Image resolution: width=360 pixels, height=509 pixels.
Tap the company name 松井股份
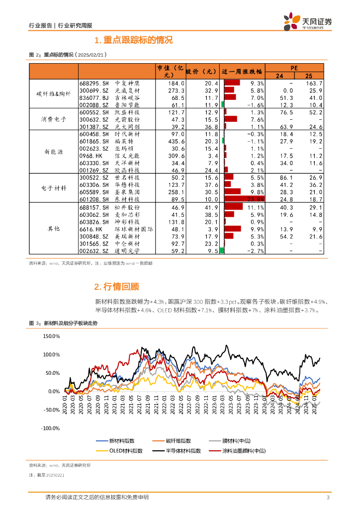pyautogui.click(x=127, y=207)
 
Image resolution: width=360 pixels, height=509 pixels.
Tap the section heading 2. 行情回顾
pyautogui.click(x=117, y=286)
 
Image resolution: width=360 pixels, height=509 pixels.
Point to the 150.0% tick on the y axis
pyautogui.click(x=52, y=337)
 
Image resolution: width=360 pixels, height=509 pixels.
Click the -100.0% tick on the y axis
pyautogui.click(x=51, y=428)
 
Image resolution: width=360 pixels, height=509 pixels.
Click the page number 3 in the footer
pyautogui.click(x=328, y=497)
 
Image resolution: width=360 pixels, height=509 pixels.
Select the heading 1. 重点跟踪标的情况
pyautogui.click(x=133, y=40)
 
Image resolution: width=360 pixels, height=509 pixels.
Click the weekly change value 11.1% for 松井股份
pyautogui.click(x=256, y=207)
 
